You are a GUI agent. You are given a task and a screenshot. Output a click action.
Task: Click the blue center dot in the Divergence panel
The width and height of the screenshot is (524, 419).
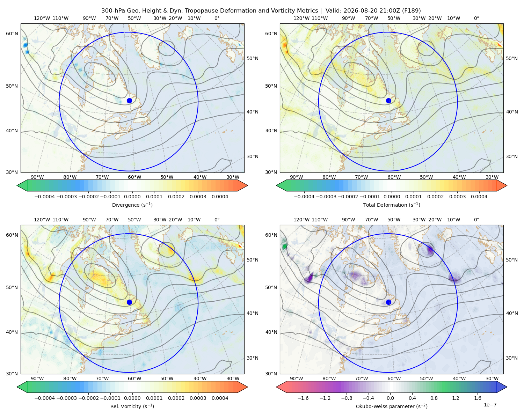click(x=129, y=101)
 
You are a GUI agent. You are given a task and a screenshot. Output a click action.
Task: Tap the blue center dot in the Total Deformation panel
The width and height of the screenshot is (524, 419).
click(x=388, y=101)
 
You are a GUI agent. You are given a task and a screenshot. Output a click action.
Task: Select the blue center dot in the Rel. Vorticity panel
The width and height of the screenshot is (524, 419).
click(x=129, y=302)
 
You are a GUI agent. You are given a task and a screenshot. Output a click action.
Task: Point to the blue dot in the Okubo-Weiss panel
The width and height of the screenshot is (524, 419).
click(x=388, y=302)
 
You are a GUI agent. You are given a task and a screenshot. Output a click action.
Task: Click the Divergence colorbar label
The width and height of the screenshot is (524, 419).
click(x=132, y=205)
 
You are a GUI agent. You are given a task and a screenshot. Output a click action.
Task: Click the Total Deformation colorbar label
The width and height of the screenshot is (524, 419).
click(x=392, y=205)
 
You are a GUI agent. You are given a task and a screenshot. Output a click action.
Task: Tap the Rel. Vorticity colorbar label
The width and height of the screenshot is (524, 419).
click(x=132, y=406)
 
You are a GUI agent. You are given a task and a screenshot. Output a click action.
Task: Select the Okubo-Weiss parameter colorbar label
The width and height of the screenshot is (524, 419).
click(x=392, y=406)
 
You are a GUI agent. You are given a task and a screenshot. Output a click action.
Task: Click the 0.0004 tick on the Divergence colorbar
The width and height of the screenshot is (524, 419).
click(x=220, y=197)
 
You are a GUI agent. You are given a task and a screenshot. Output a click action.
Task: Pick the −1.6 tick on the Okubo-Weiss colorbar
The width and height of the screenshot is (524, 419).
click(x=303, y=398)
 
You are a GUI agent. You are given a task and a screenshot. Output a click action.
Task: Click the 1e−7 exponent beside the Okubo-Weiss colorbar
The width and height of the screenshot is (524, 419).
click(x=490, y=405)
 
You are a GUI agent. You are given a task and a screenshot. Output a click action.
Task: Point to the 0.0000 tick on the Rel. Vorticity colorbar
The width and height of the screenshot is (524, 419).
click(x=132, y=398)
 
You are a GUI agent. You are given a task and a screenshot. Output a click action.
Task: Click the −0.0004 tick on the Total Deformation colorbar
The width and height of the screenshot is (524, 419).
click(x=304, y=197)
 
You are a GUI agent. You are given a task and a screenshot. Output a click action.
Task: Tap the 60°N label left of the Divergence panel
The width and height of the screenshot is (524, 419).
click(x=12, y=34)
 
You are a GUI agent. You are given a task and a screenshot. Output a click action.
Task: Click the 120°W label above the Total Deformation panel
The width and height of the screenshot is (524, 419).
click(x=301, y=18)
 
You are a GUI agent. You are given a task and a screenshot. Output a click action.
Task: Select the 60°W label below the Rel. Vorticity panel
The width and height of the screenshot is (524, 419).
click(x=134, y=378)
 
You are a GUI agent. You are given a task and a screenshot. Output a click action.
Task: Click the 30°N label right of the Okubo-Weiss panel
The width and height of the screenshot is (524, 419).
click(x=511, y=358)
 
